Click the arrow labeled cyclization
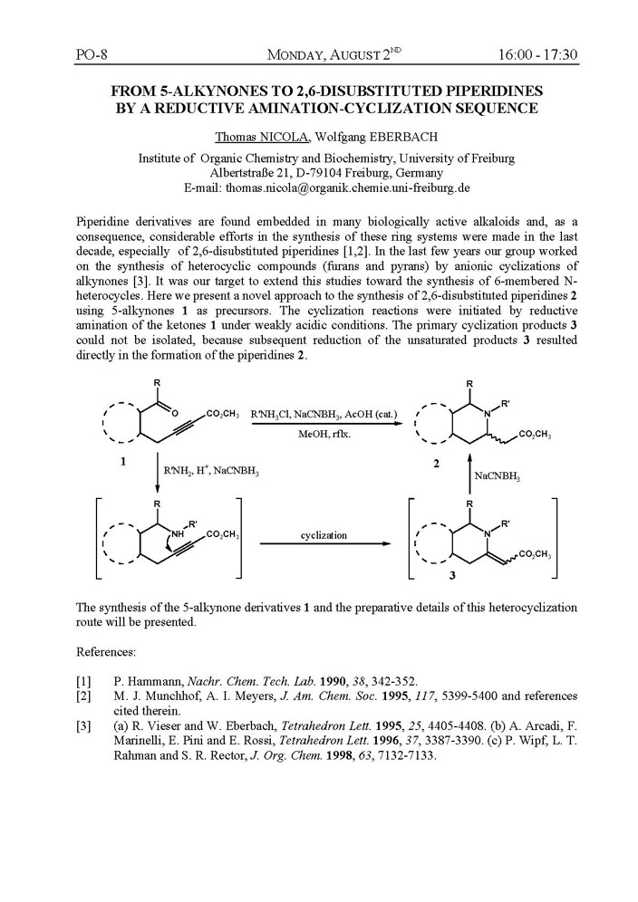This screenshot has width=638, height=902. click(325, 544)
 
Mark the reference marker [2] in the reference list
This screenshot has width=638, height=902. click(84, 696)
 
